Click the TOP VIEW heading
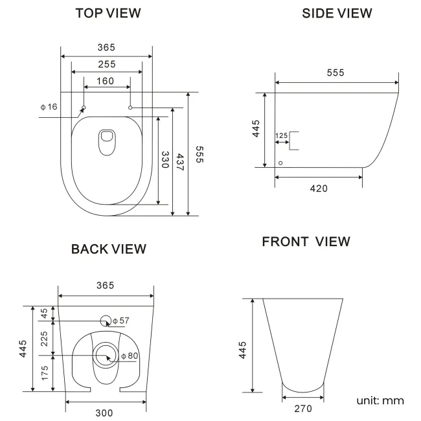108,13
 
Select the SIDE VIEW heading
337,13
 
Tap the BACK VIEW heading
108,249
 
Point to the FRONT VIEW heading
306,242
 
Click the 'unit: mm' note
380,400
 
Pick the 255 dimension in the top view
106,64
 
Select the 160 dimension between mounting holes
106,81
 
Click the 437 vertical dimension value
180,162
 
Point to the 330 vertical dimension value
165,160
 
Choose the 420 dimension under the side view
318,188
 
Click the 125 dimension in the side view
281,135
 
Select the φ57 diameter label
121,321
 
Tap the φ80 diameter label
130,356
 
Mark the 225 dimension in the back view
44,338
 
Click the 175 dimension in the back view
44,374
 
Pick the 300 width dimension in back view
105,413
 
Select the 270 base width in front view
302,408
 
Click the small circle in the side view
280,163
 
